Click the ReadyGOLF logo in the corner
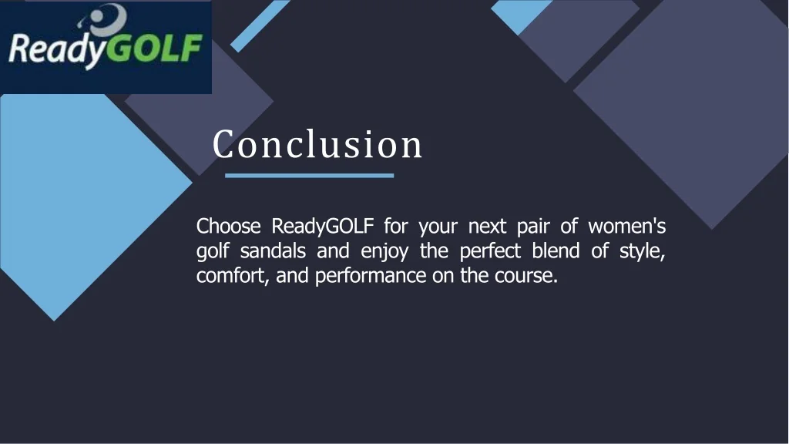tap(106, 47)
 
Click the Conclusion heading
tap(317, 144)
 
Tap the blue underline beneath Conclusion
tap(309, 176)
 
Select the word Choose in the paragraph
tap(229, 227)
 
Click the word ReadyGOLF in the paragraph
tap(323, 227)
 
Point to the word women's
tap(626, 227)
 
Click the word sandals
tap(273, 251)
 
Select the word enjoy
tap(384, 252)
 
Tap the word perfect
tap(490, 251)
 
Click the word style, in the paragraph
tap(643, 252)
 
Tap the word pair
tap(532, 227)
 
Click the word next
tap(487, 227)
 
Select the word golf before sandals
tap(212, 251)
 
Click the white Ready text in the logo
tap(54, 52)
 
